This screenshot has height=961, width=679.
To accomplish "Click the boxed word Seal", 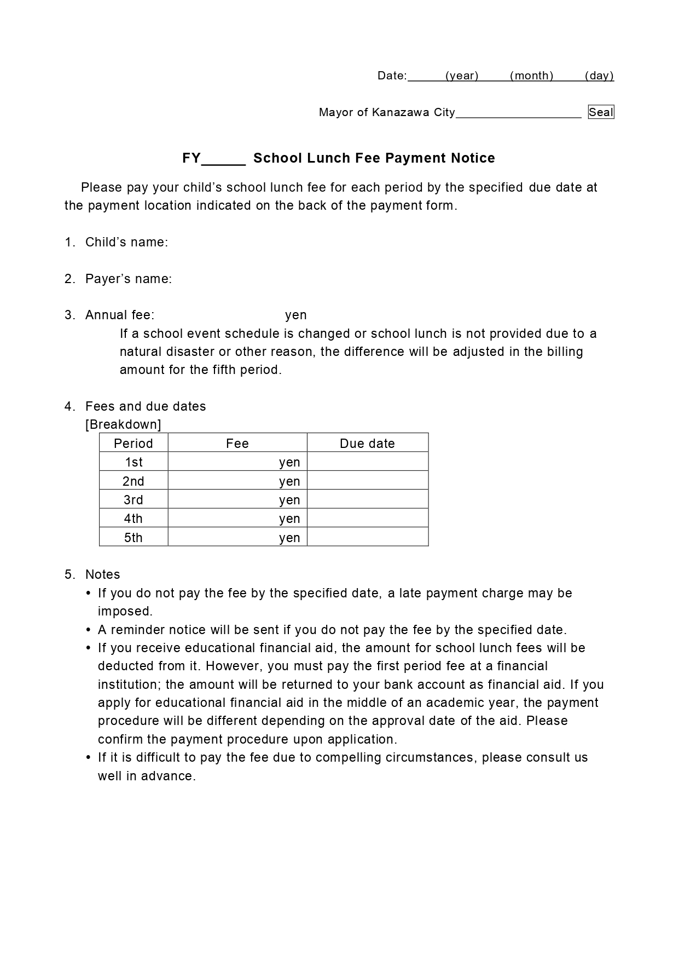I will point(601,112).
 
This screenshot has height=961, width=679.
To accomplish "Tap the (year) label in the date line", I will point(462,76).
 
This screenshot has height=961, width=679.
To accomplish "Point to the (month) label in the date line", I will point(531,76).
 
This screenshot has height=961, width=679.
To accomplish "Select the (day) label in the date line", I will point(599,76).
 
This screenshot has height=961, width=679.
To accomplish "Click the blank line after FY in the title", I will point(224,158).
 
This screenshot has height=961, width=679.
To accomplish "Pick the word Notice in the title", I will point(473,158).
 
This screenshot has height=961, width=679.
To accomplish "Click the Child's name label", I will point(126,242).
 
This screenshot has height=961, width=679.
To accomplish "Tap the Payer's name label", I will point(128,279).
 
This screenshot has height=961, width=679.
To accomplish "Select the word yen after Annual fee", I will point(295,315).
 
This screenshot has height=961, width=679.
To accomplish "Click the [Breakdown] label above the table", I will point(123,424).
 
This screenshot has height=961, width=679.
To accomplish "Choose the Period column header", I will point(133,443).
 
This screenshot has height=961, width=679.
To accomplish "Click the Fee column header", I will point(237,443).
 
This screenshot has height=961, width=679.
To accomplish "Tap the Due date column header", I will point(367,443).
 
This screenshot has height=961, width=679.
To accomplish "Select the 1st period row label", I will point(134,462).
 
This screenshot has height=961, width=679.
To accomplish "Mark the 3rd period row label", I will point(134,499).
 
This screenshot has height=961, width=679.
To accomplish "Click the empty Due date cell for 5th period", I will point(367,537).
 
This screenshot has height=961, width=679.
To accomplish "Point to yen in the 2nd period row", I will point(289,481).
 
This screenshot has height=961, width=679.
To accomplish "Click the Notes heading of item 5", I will point(102,574).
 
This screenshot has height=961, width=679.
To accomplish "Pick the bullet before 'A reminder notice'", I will point(89,630).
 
